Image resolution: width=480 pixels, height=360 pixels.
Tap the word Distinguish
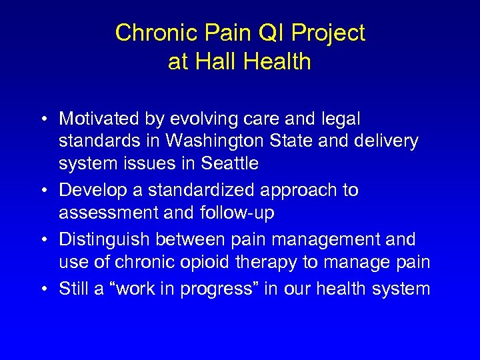point(105,239)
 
